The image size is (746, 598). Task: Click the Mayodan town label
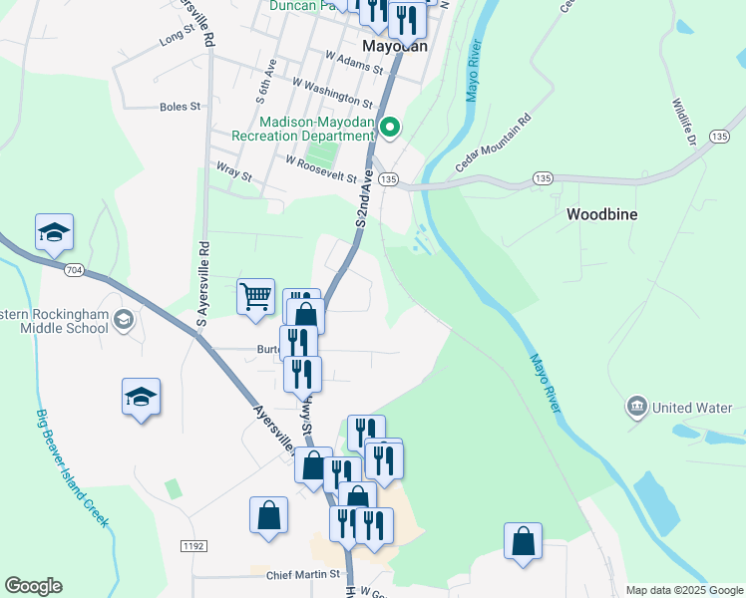395,46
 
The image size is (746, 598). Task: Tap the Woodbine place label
601,214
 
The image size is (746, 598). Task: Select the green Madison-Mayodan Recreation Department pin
391,127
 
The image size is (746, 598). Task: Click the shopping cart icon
256,295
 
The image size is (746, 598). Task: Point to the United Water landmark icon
637,407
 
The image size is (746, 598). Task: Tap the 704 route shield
74,269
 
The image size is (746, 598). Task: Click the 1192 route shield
193,545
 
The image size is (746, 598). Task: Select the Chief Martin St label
303,575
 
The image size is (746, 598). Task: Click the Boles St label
181,106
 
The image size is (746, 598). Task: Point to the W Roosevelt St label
321,167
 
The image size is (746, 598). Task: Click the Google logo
33,586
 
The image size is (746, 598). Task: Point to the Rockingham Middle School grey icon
124,319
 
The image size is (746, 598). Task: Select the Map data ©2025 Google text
684,590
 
